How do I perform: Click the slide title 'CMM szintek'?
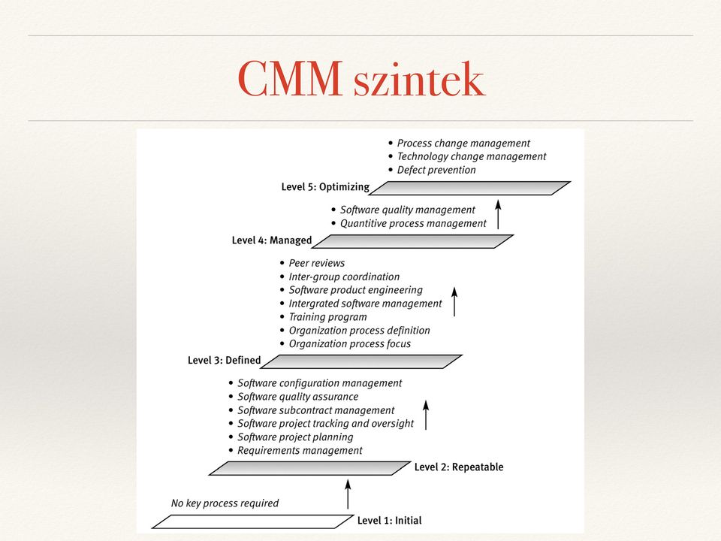tap(361, 79)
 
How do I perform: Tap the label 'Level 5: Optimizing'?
tap(325, 187)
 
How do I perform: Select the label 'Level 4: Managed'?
tap(272, 240)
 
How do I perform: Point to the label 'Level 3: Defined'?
tap(224, 360)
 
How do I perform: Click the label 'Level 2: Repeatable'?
tap(459, 467)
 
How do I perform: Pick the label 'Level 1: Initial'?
tap(390, 520)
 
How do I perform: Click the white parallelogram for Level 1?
tap(253, 521)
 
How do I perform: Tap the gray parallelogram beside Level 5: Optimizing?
tap(470, 188)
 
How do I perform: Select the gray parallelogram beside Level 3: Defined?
tap(361, 361)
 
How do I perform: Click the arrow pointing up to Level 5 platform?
tap(498, 214)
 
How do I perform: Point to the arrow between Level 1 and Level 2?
tap(348, 494)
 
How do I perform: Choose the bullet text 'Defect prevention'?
tap(436, 171)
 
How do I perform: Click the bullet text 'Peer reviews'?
tap(317, 263)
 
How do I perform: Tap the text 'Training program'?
tap(328, 317)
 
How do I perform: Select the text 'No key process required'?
tap(225, 503)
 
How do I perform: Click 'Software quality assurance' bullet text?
tap(297, 397)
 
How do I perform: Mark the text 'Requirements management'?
tap(300, 450)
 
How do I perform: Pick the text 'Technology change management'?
tap(472, 156)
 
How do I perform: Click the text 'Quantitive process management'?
tap(413, 224)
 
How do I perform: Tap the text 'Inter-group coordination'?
tap(344, 277)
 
